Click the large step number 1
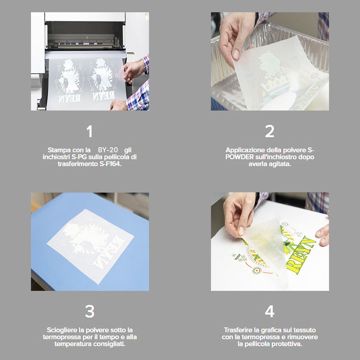click(x=90, y=131)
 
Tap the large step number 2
click(x=270, y=131)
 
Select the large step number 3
click(x=90, y=311)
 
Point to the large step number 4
click(x=270, y=311)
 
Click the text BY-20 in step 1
click(x=108, y=150)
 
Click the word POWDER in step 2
click(x=239, y=157)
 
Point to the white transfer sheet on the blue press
click(x=90, y=246)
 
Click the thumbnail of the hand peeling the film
click(x=270, y=242)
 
